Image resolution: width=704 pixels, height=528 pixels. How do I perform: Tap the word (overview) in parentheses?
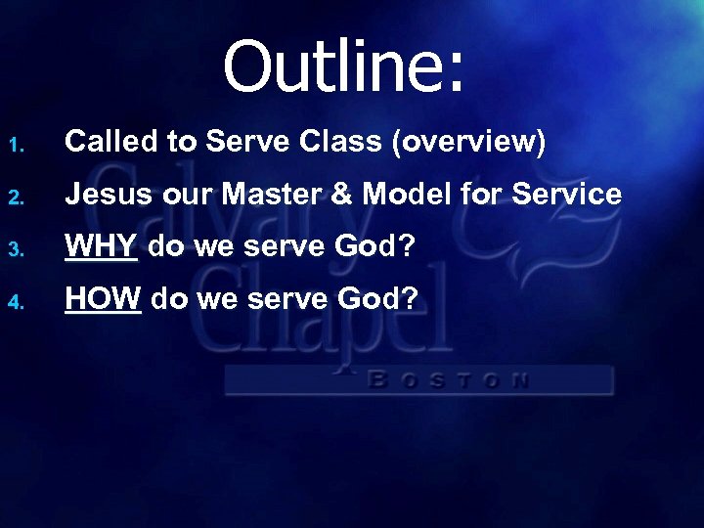pos(468,143)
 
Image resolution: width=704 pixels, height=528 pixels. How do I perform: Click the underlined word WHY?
pos(102,246)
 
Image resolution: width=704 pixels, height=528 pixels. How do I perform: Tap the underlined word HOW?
pos(104,298)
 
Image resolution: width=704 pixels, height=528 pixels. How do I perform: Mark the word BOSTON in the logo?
pos(450,379)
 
